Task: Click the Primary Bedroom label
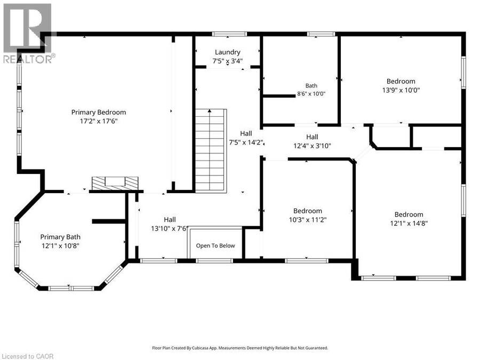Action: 99,113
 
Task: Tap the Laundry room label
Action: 227,52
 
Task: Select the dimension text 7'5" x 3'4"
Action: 227,61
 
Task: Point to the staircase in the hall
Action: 211,150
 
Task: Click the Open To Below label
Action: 215,245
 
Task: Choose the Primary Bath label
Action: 60,237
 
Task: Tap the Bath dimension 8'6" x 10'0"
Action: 311,94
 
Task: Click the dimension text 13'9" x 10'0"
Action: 401,90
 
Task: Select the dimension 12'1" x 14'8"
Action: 409,223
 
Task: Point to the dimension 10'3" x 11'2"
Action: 308,220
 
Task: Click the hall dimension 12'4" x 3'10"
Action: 312,146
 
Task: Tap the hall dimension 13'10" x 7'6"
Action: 169,228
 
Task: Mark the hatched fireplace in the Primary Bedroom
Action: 115,183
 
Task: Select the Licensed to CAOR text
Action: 27,356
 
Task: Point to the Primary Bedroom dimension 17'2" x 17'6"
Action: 99,121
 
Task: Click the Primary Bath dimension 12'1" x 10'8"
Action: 60,246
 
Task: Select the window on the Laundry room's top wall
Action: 229,34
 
